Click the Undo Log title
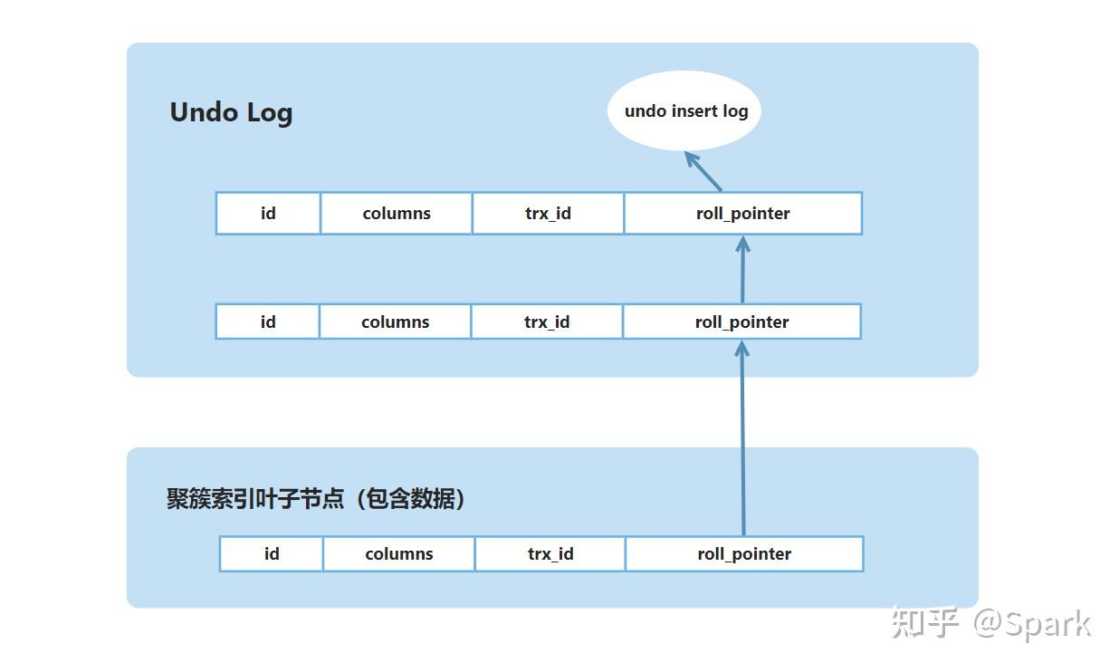pos(231,112)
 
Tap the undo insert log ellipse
pos(684,110)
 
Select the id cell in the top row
pos(268,214)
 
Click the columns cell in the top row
pos(397,214)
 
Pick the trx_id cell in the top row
pos(548,214)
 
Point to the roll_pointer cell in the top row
pos(743,214)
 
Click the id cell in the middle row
pos(268,322)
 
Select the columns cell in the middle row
pos(395,322)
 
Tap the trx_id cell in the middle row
pos(547,322)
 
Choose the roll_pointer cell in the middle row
pos(741,322)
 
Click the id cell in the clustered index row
pos(272,553)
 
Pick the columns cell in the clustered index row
pos(399,553)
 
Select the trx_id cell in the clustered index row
pos(550,553)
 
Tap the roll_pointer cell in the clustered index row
pos(744,553)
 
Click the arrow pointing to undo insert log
pos(703,171)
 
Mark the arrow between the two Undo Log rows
pos(743,269)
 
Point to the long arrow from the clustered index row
pos(743,438)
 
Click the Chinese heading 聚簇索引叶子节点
pos(255,499)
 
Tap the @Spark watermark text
pos(1032,623)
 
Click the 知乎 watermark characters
pos(925,622)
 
